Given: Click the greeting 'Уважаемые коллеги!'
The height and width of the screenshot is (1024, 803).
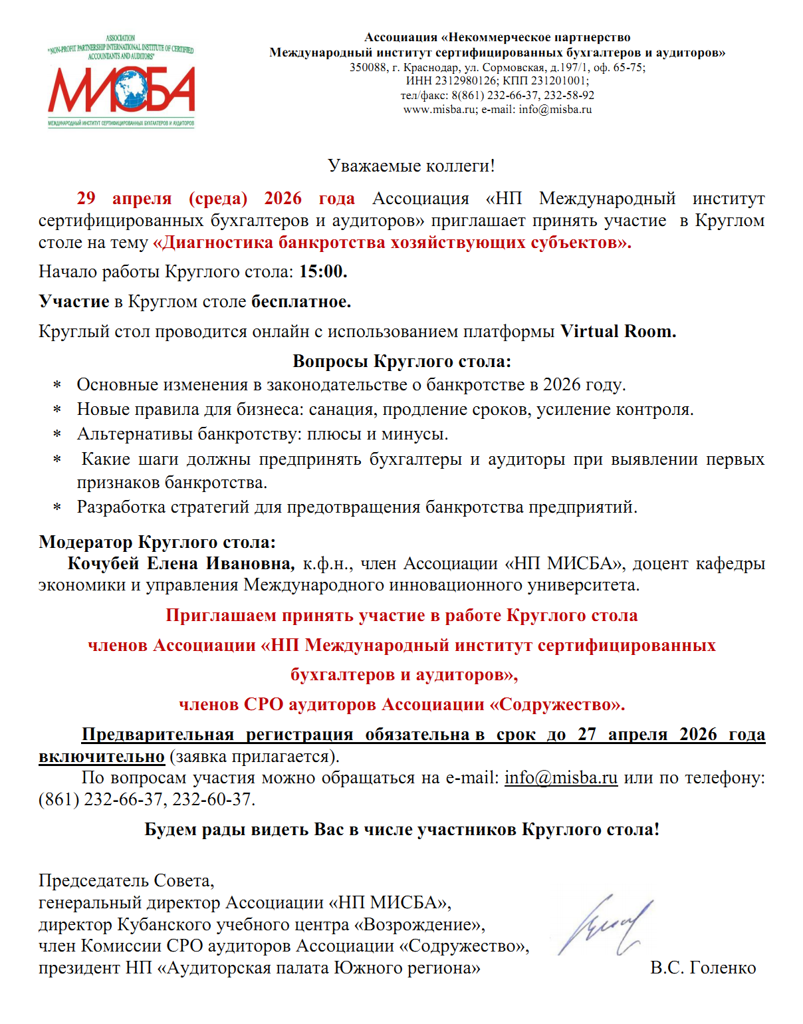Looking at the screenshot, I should click(411, 166).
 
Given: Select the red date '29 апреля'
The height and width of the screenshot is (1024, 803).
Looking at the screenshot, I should click(124, 198).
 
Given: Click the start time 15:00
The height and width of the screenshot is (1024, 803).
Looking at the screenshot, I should click(323, 271).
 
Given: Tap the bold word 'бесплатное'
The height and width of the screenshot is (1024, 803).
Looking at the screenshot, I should click(300, 302).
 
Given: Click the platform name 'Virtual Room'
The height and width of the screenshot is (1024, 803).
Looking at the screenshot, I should click(618, 331).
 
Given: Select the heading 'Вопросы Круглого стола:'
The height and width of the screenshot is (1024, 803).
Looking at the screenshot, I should click(401, 361).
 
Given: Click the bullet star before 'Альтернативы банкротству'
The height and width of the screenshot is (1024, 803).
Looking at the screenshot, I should click(58, 436).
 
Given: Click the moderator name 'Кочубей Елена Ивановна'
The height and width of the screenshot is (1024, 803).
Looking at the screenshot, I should click(181, 564).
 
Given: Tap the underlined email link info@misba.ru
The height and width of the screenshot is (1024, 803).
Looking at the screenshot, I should click(561, 777).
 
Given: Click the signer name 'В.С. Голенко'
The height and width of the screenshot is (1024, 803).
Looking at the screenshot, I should click(703, 967).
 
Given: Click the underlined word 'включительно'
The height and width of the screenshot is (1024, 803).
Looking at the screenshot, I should click(102, 757).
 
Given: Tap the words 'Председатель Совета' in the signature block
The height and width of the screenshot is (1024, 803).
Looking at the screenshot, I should click(126, 881).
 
